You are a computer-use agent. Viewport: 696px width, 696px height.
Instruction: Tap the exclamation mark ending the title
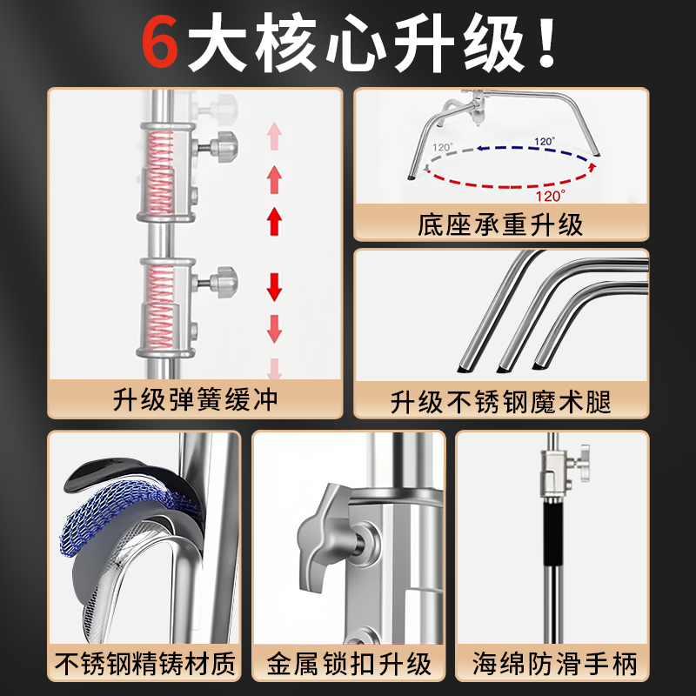[x=545, y=43]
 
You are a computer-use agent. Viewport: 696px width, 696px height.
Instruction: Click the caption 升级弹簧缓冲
[x=196, y=399]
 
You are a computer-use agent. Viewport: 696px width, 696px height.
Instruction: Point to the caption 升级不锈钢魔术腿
[x=500, y=402]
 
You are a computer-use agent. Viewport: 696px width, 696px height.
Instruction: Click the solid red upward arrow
[x=275, y=221]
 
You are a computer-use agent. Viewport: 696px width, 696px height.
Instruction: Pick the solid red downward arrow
[x=275, y=284]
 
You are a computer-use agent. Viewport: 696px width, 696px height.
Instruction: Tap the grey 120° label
[x=443, y=148]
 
